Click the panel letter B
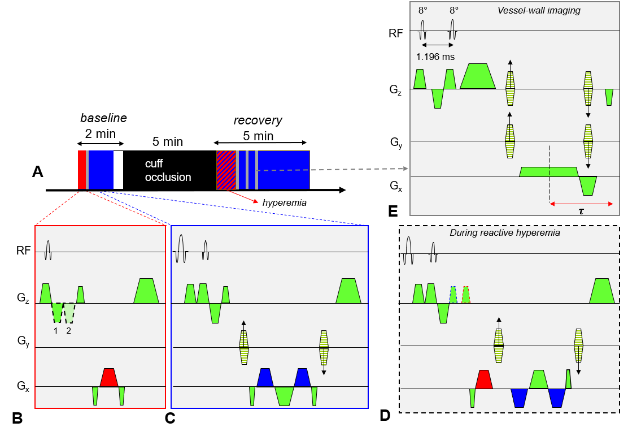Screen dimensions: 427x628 [17, 418]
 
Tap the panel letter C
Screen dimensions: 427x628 [170, 418]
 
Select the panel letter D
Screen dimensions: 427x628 [385, 415]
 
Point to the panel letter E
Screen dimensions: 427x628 [393, 212]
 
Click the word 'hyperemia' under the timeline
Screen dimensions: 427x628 [285, 202]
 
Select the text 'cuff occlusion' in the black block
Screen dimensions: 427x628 [168, 170]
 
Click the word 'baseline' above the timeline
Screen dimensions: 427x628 [103, 118]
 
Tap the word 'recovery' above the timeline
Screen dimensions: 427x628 [258, 120]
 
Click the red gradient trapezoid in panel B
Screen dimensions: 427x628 [109, 378]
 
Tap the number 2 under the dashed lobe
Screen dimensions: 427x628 [68, 331]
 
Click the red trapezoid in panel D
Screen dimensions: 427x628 [484, 379]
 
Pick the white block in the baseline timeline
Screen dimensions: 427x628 [118, 170]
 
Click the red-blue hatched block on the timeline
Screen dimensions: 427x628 [226, 170]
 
